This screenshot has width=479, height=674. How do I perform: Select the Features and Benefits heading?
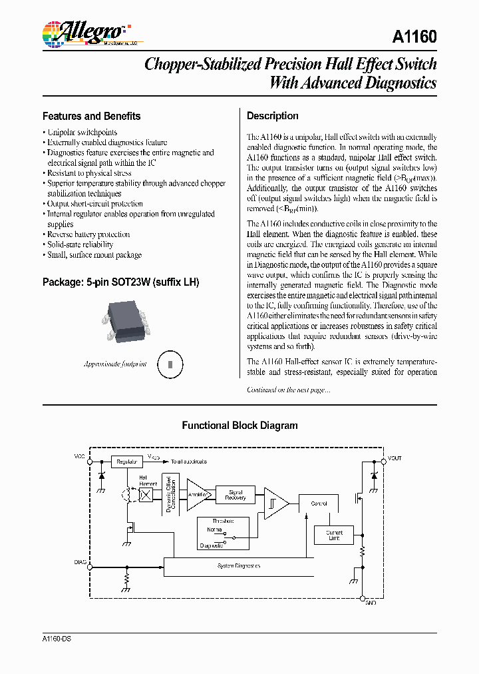click(91, 116)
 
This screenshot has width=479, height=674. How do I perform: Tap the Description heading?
click(272, 116)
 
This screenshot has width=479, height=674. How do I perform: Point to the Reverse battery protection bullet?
click(88, 234)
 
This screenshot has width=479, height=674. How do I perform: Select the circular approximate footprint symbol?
click(170, 364)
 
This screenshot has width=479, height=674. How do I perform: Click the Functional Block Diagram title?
click(239, 426)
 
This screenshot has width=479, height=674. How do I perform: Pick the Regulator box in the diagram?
click(126, 462)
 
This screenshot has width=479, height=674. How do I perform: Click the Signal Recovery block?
click(236, 496)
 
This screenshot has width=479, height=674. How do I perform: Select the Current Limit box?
click(334, 535)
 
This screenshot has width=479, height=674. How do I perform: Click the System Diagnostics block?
click(238, 566)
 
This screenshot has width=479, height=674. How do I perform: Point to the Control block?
click(319, 504)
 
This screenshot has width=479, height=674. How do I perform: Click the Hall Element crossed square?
click(147, 496)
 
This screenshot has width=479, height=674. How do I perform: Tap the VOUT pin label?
click(395, 458)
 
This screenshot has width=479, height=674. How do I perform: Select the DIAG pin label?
click(80, 563)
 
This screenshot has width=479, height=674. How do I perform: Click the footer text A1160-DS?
click(57, 639)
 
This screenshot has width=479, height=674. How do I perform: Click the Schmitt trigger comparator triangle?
click(274, 503)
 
